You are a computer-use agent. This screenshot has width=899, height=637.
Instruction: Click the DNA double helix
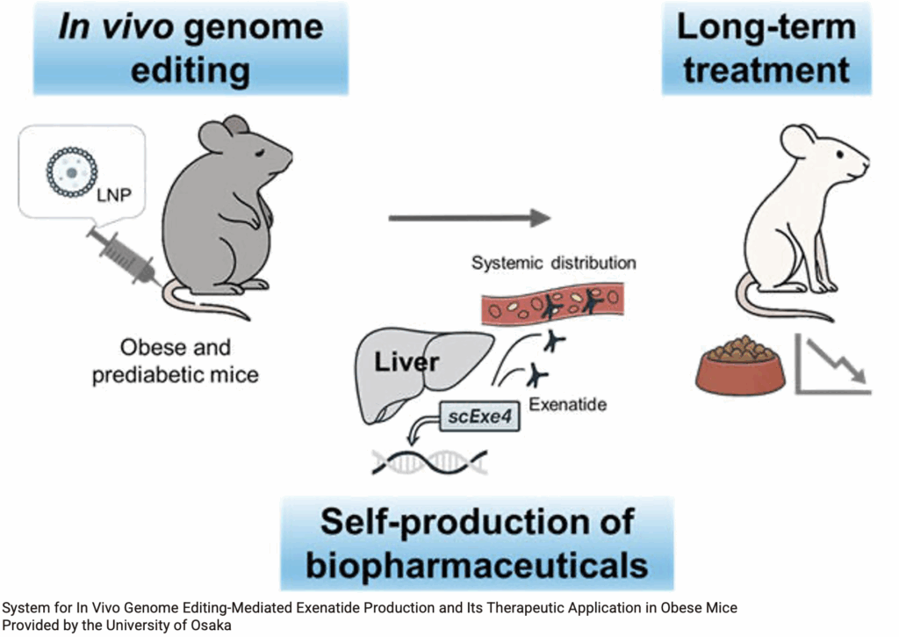point(430,460)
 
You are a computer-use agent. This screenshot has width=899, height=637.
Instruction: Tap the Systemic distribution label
point(553,263)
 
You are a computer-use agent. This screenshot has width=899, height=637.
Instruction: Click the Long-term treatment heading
point(766,47)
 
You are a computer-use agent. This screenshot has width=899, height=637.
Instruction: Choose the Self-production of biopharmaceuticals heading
point(477,542)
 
